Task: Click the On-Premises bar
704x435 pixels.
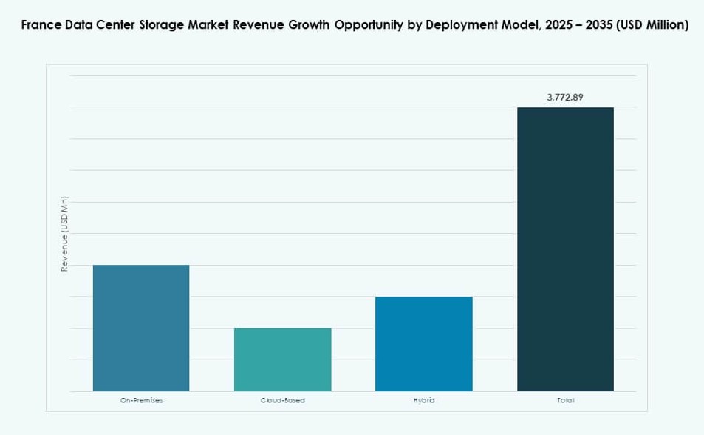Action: click(141, 328)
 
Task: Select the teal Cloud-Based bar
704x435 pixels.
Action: click(282, 360)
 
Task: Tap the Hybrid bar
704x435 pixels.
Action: click(423, 344)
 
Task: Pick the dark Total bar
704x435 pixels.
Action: click(565, 249)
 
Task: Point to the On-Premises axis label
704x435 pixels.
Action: click(141, 400)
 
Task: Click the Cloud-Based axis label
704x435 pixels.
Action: click(282, 400)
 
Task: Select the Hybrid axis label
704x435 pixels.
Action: click(423, 400)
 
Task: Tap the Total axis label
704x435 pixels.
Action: click(565, 400)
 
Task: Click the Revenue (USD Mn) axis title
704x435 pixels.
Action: click(64, 235)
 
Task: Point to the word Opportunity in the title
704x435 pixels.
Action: click(368, 25)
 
